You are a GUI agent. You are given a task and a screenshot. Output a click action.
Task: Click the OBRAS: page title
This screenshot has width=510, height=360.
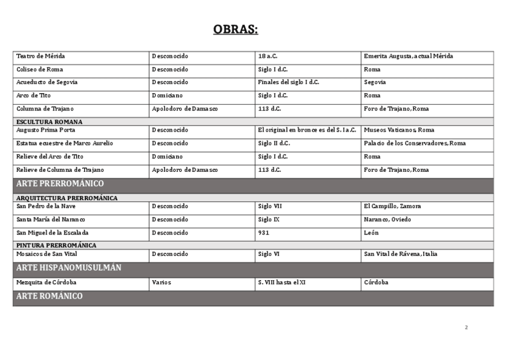coord(236,29)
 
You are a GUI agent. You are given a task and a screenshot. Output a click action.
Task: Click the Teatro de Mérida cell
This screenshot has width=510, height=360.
coord(40,56)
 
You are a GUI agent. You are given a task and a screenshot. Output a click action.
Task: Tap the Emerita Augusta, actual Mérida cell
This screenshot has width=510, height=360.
coord(408,56)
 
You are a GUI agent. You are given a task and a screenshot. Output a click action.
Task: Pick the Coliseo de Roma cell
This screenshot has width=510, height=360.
coord(40,70)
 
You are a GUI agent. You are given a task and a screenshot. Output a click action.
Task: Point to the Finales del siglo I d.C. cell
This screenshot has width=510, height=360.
coord(288,82)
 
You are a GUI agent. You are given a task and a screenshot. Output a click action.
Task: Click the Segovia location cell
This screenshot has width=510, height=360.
coord(375,82)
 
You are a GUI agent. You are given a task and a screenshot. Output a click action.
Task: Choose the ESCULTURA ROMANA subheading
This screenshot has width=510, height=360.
coord(49,122)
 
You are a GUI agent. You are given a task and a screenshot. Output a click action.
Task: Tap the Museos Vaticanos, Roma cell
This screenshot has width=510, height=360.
coord(399,130)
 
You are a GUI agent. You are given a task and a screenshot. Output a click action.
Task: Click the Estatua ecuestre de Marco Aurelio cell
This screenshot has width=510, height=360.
coord(64,144)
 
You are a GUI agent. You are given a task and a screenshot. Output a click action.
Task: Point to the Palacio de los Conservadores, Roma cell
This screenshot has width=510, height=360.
coord(414,144)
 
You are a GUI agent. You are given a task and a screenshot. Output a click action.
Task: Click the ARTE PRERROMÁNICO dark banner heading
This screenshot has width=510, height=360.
coord(60,184)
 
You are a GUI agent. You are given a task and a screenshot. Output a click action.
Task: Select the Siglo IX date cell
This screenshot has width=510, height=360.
coord(268,219)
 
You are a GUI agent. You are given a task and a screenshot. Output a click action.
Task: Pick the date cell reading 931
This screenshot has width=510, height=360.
coord(263,233)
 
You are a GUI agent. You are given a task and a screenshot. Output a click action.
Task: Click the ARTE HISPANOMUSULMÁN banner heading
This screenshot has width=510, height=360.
coord(69,268)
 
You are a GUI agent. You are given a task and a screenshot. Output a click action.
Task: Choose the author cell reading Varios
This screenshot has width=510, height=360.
coord(161,282)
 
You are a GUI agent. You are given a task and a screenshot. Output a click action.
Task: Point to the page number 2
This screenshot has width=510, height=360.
coord(465,328)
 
